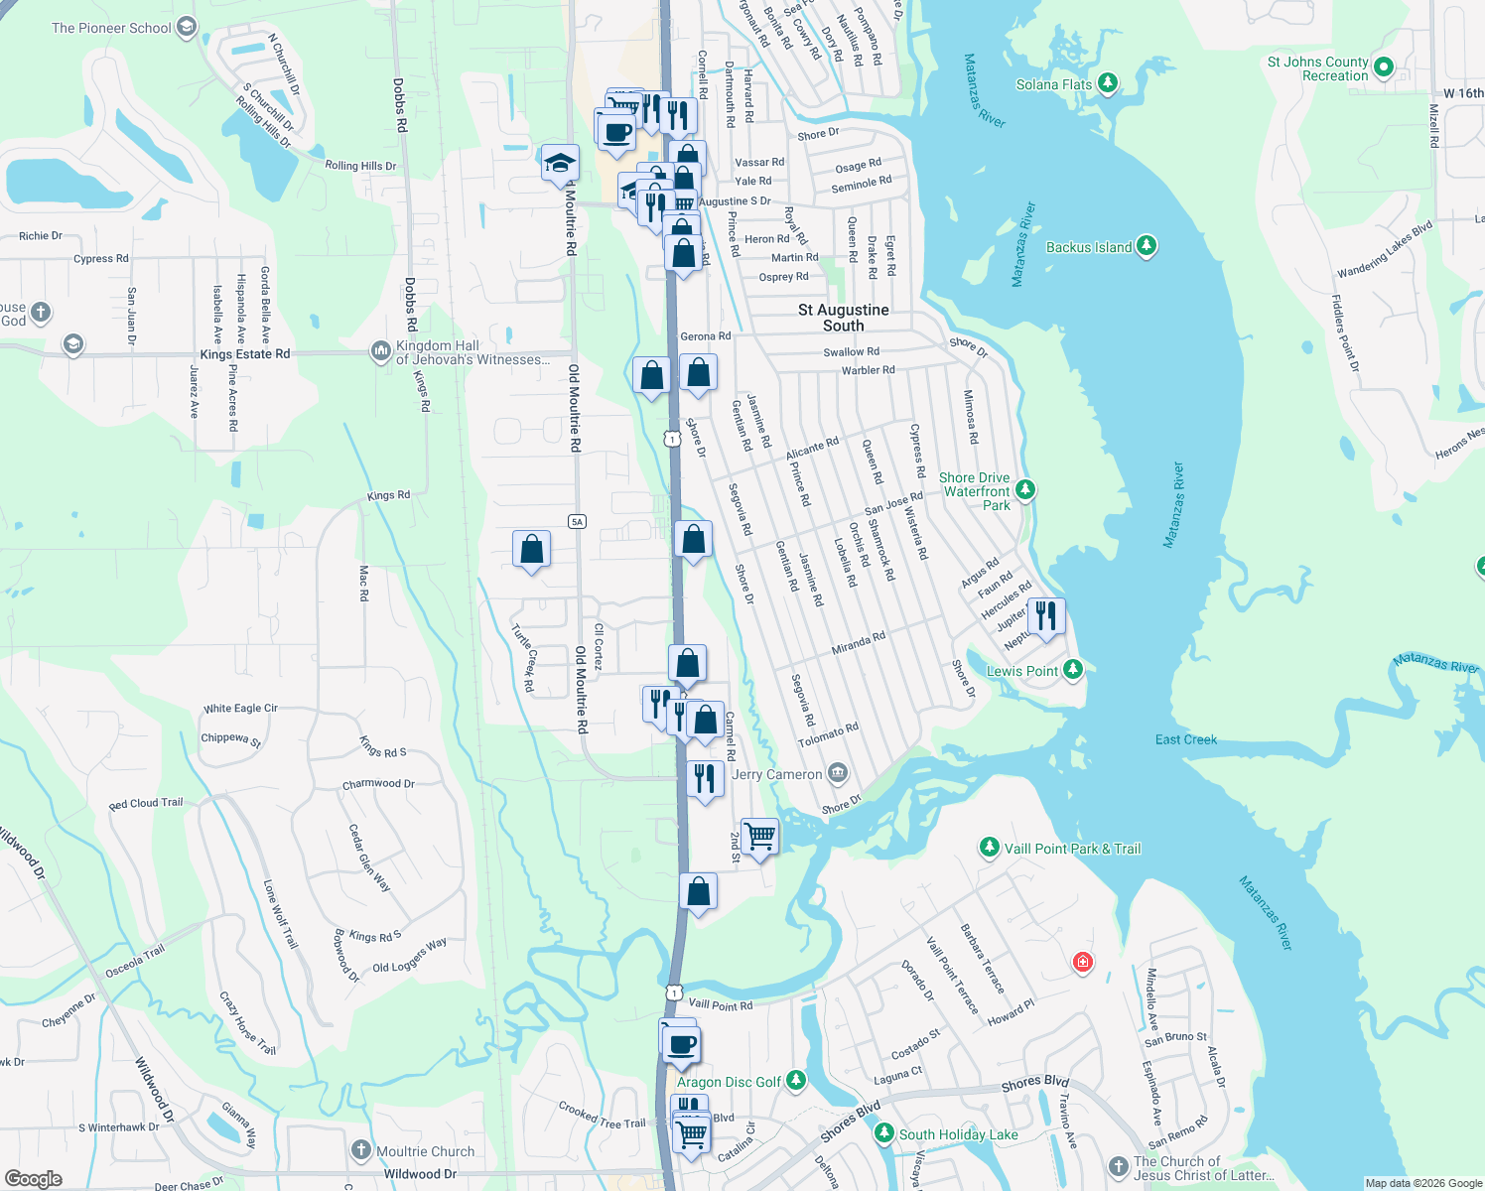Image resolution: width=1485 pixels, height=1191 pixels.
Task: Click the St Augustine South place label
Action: coord(843,318)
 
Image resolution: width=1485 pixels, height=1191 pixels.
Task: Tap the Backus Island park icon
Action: coord(1147,246)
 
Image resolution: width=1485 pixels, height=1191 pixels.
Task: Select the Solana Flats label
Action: coord(1053,84)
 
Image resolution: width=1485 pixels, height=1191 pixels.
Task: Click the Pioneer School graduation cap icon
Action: coord(186,28)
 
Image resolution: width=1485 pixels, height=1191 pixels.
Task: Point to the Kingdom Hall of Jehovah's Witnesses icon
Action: coord(380,350)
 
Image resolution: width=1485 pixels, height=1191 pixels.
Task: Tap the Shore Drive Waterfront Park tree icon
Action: coord(1025,490)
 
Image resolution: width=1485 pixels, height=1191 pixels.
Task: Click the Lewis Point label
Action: coord(1022,671)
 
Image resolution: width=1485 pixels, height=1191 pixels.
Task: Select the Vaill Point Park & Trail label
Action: coord(1072,849)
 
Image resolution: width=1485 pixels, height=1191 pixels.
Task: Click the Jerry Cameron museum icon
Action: coord(838,773)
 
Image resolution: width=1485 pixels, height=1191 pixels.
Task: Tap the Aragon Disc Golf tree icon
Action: coord(796,1081)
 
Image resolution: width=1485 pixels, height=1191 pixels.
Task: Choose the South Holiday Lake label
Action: coord(958,1134)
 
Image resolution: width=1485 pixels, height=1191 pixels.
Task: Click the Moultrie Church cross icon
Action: coord(360,1151)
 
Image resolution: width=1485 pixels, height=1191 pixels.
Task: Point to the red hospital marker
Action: coord(1082,962)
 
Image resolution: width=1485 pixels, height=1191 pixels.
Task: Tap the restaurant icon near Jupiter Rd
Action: coord(1046,616)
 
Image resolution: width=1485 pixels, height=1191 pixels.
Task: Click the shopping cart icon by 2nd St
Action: coord(759,837)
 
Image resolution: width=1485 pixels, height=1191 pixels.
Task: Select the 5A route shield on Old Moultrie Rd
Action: coord(578,521)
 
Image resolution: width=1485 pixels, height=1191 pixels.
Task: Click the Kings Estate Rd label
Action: coord(245,354)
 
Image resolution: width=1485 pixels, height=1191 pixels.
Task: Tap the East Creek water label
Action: coord(1185,739)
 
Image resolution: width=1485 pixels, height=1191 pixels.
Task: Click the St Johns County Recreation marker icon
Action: coord(1383,67)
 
